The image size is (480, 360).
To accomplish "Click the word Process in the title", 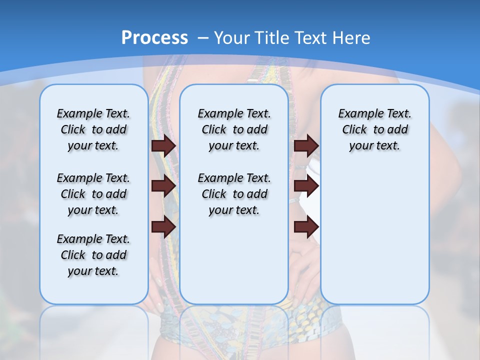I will [154, 37].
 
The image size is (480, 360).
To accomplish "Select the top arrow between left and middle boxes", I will [163, 145].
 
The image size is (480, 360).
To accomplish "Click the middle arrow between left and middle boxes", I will [163, 186].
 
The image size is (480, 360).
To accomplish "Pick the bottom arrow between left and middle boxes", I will [163, 226].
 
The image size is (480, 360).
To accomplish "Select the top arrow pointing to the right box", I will [306, 145].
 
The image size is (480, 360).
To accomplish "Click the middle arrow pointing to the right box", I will [306, 186].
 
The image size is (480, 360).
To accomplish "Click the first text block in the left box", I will [93, 129].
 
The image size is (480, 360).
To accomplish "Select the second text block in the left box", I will [93, 194].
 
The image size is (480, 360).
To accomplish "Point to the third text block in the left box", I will [93, 255].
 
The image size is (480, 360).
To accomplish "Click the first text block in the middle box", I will [234, 129].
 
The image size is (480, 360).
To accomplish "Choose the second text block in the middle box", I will [234, 194].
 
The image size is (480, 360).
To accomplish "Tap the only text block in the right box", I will [374, 129].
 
